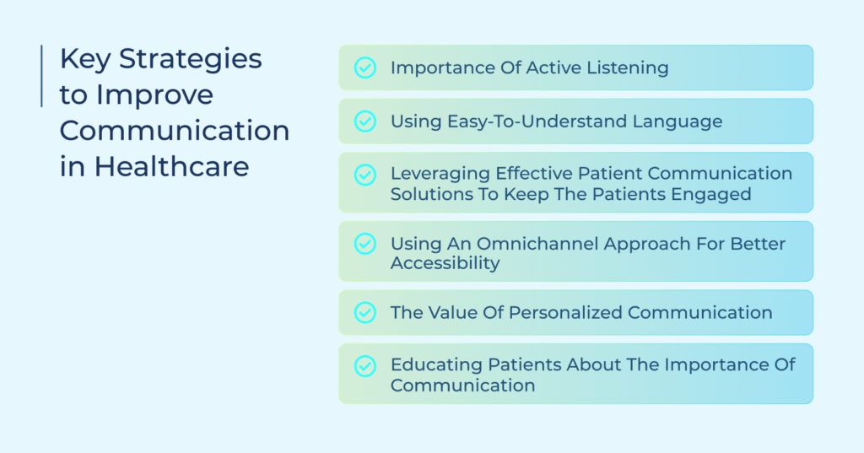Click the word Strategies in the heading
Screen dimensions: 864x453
[190, 60]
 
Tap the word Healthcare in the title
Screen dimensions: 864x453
[171, 166]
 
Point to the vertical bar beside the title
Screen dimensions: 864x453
[41, 76]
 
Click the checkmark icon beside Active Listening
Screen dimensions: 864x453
[364, 67]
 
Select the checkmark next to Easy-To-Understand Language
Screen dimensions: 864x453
[364, 121]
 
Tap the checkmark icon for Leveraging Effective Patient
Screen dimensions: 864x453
[364, 175]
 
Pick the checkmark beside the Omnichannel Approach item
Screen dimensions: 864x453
[364, 244]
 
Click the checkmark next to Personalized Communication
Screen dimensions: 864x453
[364, 312]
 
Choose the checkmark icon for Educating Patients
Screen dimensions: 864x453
[364, 366]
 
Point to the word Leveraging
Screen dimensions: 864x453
[440, 174]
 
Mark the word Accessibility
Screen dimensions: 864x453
[445, 263]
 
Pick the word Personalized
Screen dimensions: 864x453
[565, 312]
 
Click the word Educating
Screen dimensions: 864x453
[436, 364]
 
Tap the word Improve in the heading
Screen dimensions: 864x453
[155, 95]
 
